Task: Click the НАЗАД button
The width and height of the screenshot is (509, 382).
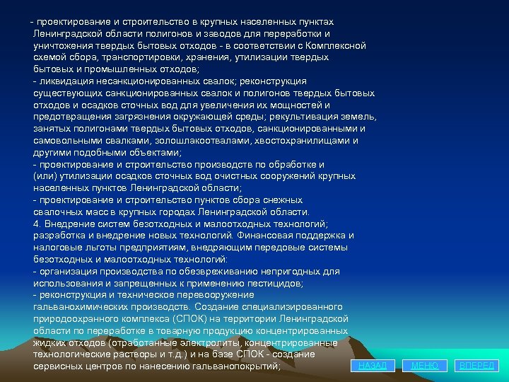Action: [x=373, y=365]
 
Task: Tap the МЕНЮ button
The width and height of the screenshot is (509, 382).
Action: [x=425, y=365]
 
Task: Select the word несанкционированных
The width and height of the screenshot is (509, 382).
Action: [x=139, y=81]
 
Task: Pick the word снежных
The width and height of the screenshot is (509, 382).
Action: [x=279, y=200]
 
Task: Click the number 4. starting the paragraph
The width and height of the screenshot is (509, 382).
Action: [x=38, y=224]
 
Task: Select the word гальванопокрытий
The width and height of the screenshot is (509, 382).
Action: [x=234, y=366]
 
